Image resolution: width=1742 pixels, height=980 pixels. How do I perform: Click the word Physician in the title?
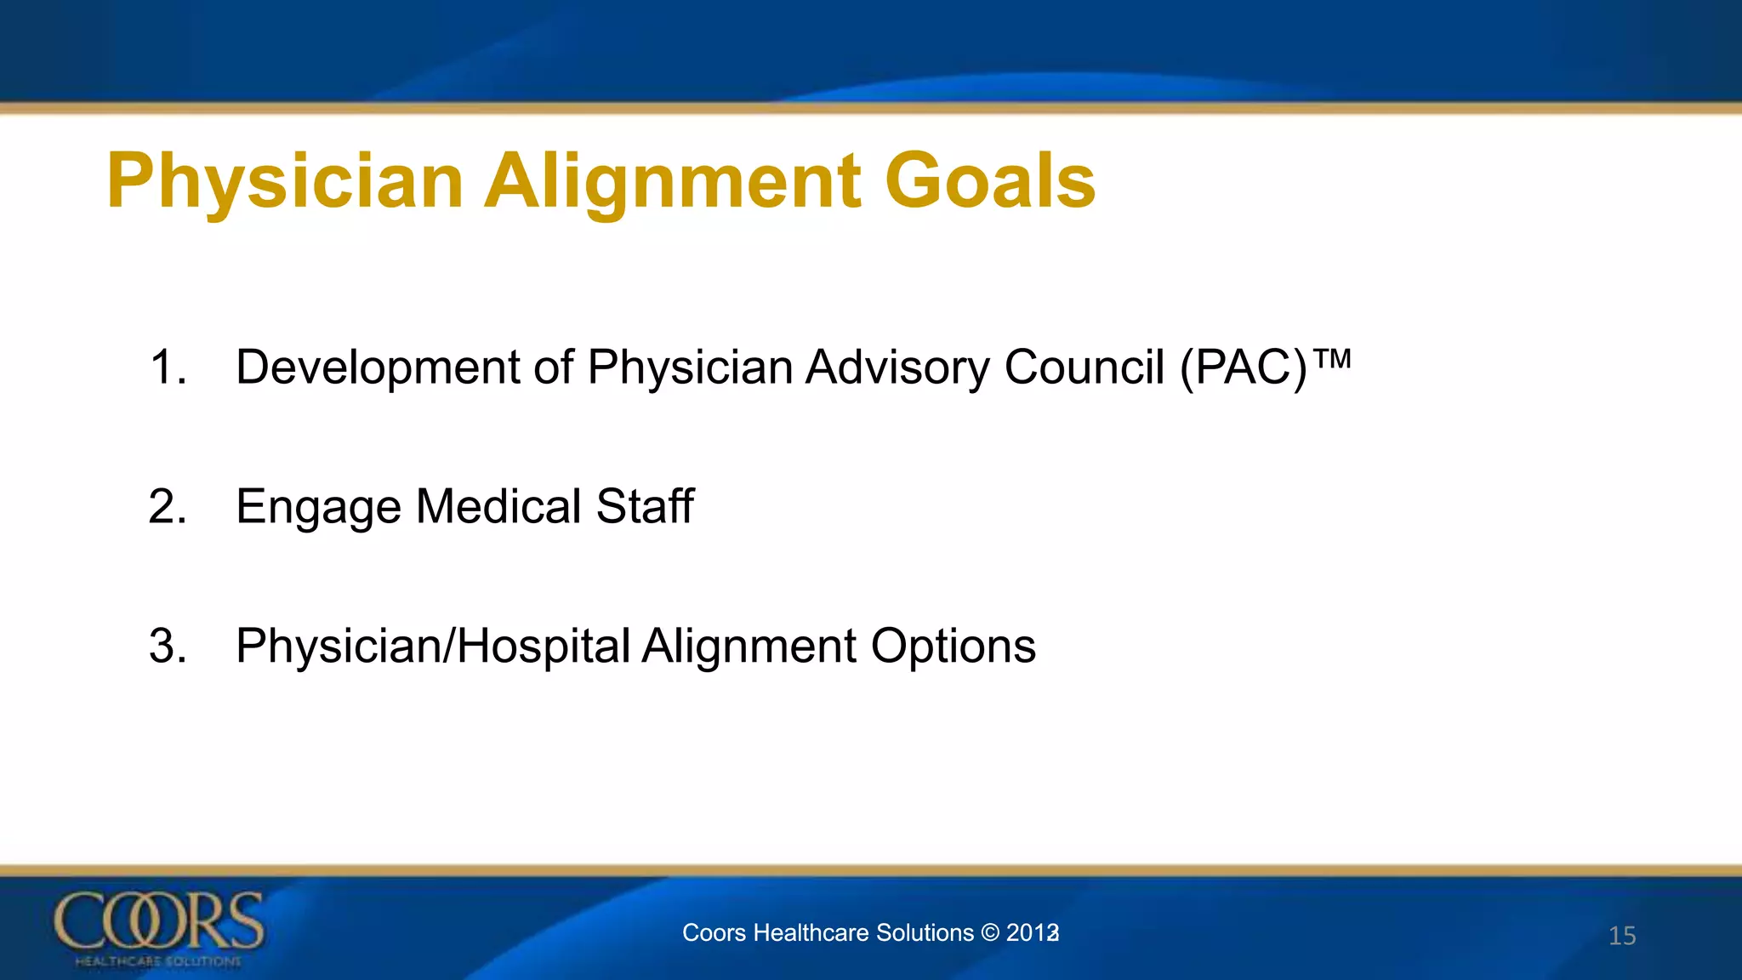point(285,181)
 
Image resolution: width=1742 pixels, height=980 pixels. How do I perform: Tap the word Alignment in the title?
point(672,181)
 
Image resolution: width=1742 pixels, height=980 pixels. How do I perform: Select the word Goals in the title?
point(990,181)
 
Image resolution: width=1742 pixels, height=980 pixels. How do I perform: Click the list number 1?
point(167,367)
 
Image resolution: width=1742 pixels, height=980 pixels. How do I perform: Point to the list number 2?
point(167,507)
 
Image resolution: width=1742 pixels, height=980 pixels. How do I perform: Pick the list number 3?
point(167,647)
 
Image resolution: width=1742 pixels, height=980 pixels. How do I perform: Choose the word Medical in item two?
point(498,507)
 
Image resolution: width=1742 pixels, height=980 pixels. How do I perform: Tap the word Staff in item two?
point(645,507)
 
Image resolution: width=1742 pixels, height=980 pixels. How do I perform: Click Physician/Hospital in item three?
point(433,647)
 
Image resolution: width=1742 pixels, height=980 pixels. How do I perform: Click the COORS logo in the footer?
point(158,927)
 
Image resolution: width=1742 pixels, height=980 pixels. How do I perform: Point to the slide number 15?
point(1622,936)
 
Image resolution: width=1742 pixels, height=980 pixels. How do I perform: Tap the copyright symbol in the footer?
point(989,932)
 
